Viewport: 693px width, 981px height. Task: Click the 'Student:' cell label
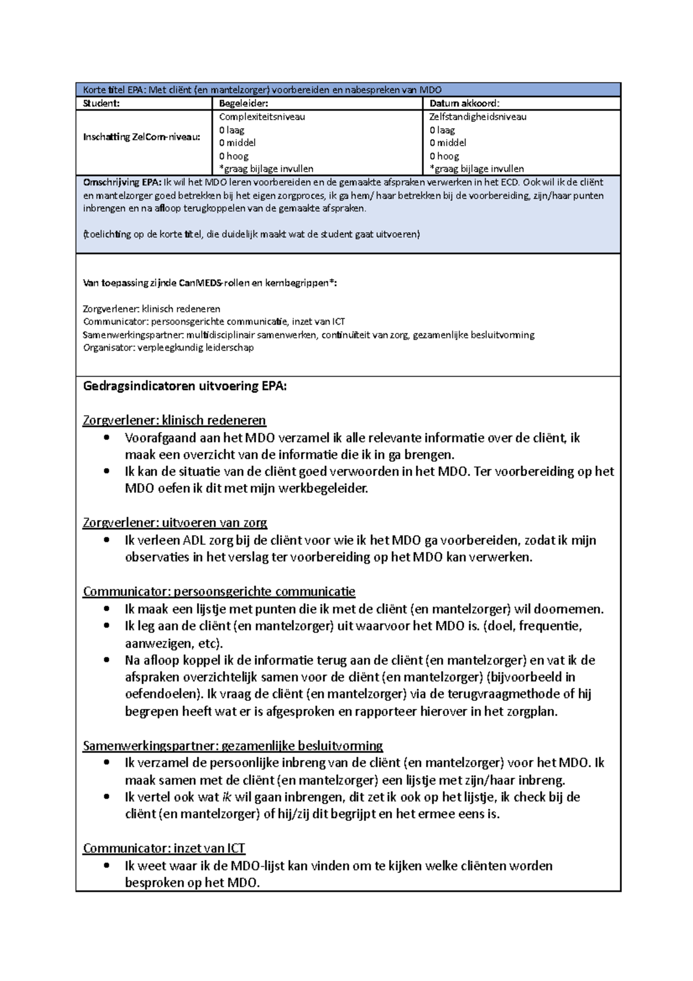(x=101, y=103)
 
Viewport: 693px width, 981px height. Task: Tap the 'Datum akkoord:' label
(x=464, y=103)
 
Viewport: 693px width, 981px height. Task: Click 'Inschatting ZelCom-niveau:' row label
(x=141, y=137)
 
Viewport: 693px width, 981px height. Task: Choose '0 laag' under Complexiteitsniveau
(x=232, y=130)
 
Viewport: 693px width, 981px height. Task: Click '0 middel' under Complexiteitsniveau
(x=237, y=143)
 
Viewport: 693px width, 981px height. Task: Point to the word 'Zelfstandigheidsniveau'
(x=478, y=117)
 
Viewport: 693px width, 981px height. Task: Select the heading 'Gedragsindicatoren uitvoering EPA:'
(x=185, y=386)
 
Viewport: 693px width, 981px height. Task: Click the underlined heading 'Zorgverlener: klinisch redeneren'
(x=174, y=420)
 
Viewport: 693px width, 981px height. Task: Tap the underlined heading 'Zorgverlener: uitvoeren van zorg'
(x=175, y=523)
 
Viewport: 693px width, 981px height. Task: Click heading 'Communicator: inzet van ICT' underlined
(x=164, y=848)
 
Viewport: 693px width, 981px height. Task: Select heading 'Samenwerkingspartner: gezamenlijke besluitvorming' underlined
(x=233, y=745)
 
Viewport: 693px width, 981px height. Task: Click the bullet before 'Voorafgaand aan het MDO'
(x=106, y=438)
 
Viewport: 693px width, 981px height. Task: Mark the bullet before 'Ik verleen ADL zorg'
(x=106, y=541)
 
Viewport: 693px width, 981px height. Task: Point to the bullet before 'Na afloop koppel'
(x=106, y=660)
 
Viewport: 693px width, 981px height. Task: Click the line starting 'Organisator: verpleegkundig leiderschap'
(x=168, y=348)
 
